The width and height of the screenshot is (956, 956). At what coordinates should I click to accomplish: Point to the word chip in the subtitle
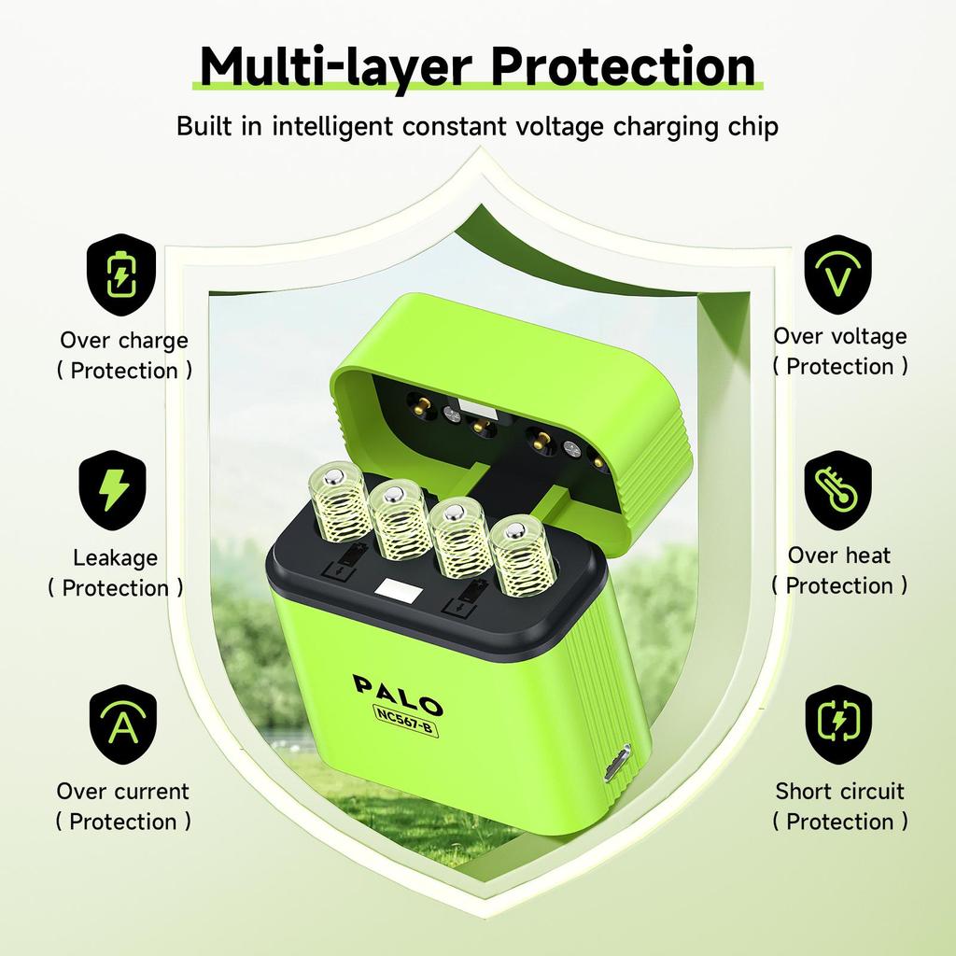point(752,126)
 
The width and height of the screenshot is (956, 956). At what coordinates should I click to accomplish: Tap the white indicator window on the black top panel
point(396,589)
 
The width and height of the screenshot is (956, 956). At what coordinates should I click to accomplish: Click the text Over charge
point(124,340)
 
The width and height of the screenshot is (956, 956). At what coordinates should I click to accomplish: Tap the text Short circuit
point(839,791)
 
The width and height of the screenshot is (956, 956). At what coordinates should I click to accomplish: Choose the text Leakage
point(115,558)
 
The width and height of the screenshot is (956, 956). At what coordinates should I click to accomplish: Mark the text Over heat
point(839,555)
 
